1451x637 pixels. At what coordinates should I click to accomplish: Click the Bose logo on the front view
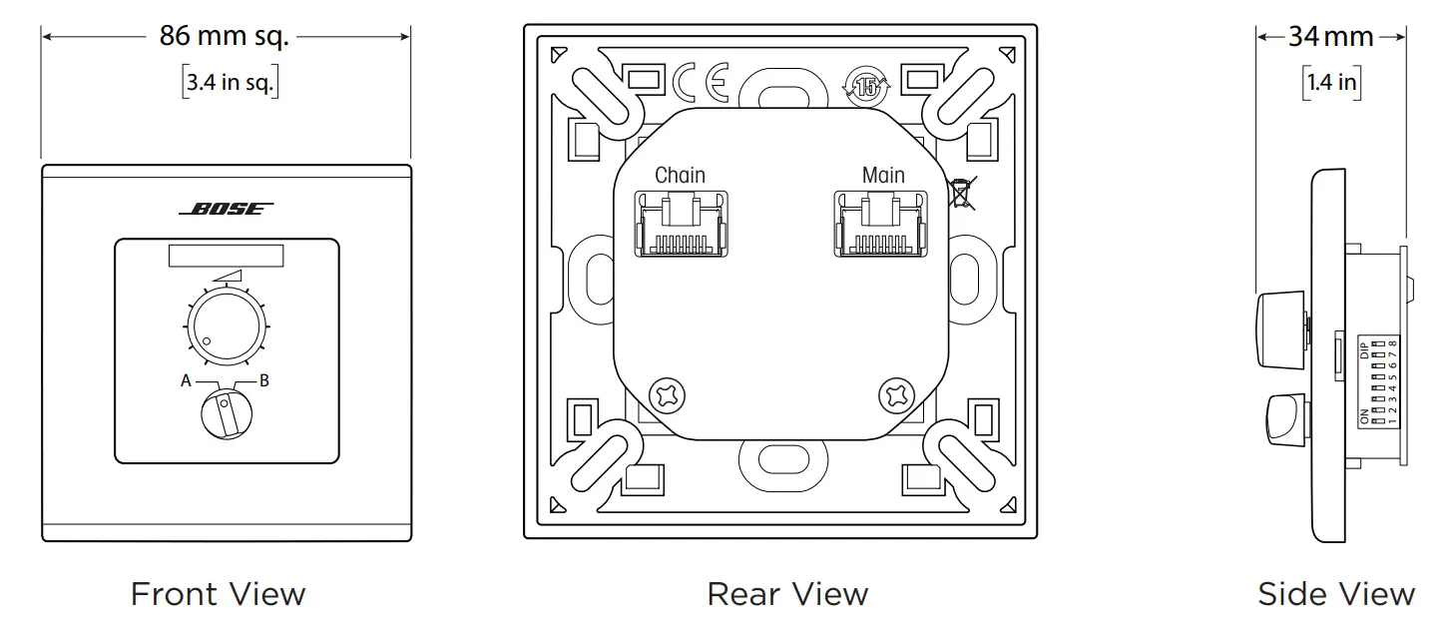pyautogui.click(x=226, y=210)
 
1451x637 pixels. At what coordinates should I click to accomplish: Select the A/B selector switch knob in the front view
pyautogui.click(x=227, y=412)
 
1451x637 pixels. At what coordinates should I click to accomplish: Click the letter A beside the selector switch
pyautogui.click(x=186, y=380)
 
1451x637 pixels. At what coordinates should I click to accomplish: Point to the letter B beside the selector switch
pyautogui.click(x=264, y=380)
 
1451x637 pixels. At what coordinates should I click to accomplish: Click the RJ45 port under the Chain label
pyautogui.click(x=680, y=224)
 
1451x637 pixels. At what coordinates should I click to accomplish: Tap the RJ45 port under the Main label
pyautogui.click(x=883, y=224)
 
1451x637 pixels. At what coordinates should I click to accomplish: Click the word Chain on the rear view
pyautogui.click(x=680, y=176)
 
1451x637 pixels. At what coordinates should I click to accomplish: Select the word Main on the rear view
pyautogui.click(x=883, y=176)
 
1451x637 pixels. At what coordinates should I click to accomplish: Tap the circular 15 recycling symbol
pyautogui.click(x=866, y=86)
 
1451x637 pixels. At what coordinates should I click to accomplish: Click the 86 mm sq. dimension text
pyautogui.click(x=225, y=37)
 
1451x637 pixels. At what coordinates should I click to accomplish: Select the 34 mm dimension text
pyautogui.click(x=1331, y=38)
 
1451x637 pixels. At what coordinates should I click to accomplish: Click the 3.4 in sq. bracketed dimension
pyautogui.click(x=230, y=83)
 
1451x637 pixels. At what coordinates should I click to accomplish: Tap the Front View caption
pyautogui.click(x=218, y=595)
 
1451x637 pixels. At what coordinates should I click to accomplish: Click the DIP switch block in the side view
pyautogui.click(x=1377, y=382)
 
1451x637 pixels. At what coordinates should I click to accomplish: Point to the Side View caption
pyautogui.click(x=1335, y=595)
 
